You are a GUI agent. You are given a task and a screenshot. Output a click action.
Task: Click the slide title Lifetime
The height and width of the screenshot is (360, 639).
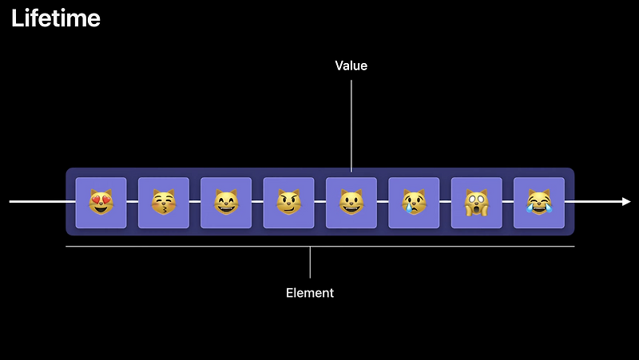56,18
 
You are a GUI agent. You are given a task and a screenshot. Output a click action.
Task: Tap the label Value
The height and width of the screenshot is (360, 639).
351,65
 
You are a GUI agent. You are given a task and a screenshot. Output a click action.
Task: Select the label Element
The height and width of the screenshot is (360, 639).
310,293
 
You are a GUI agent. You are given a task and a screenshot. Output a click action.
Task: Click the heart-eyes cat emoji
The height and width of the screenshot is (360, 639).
101,203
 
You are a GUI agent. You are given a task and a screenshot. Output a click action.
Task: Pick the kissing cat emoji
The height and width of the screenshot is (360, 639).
163,203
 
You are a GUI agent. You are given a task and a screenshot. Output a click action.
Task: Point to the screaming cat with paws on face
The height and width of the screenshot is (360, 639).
476,203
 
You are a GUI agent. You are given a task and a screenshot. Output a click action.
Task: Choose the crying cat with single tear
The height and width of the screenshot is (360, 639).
414,203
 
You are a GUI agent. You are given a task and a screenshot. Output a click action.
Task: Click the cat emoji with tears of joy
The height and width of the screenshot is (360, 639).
538,203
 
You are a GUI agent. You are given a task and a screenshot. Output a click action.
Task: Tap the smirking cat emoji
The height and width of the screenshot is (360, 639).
288,203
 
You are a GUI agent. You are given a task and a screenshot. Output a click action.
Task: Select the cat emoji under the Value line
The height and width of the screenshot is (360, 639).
351,203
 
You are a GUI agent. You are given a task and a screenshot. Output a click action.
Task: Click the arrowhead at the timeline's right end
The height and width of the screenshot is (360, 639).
626,202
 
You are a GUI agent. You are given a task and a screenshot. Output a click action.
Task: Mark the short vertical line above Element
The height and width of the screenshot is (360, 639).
310,262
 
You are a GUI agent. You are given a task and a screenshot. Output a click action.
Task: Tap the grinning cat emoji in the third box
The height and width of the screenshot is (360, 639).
226,203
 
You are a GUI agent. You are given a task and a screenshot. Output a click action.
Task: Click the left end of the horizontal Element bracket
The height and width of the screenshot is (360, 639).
66,247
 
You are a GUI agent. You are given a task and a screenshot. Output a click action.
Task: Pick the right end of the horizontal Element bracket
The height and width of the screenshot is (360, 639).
574,247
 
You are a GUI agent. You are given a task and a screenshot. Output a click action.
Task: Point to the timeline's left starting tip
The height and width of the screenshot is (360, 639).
10,202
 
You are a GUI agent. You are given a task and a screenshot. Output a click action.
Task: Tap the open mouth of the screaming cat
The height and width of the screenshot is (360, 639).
476,209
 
